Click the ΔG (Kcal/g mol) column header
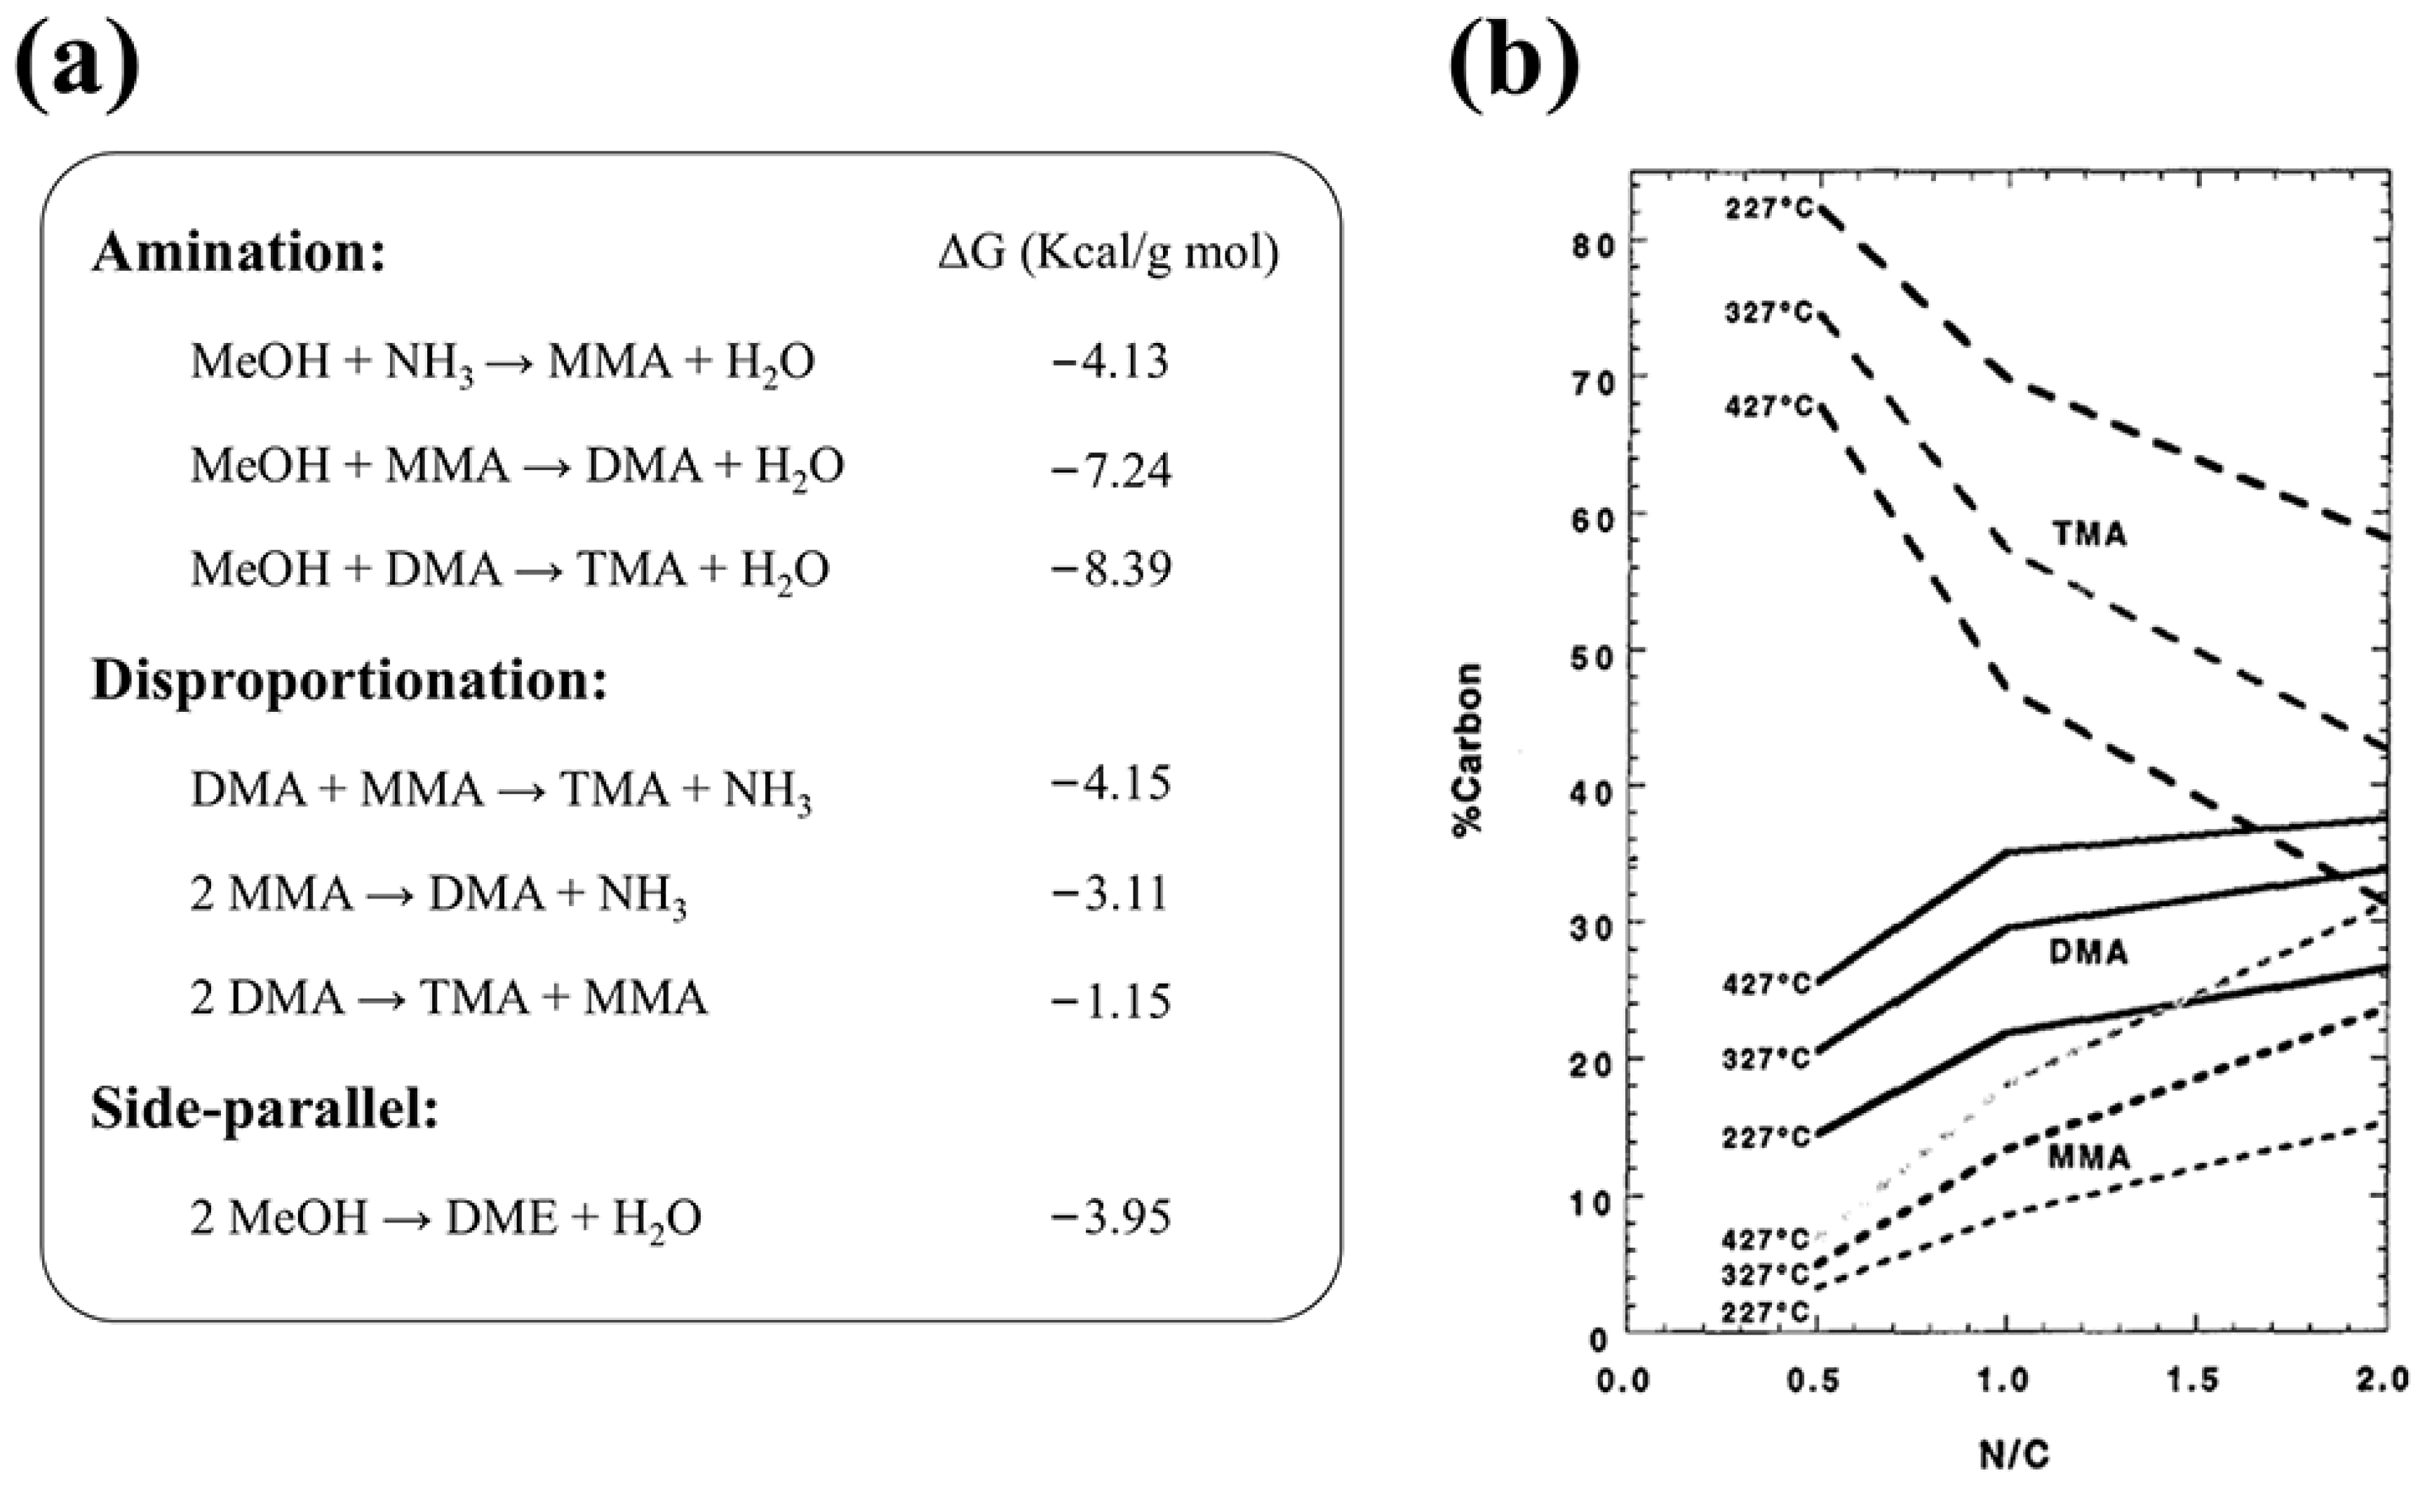(x=1108, y=254)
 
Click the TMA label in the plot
(x=2089, y=534)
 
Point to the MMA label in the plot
(x=2088, y=1157)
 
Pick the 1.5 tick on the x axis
(x=2193, y=1381)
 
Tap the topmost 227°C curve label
(x=1768, y=209)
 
